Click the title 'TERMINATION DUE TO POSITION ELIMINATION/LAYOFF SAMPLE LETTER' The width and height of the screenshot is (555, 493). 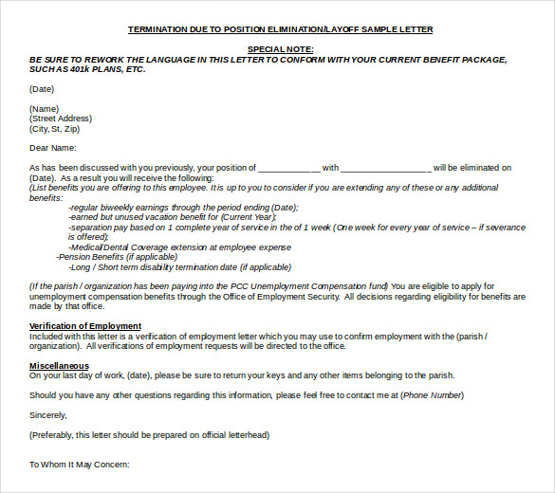[280, 29]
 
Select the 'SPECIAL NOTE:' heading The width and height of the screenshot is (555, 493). [280, 48]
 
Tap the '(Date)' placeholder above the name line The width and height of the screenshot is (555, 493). [42, 89]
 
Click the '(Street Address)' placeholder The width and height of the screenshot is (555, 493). [61, 119]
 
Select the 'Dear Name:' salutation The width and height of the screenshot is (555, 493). [52, 148]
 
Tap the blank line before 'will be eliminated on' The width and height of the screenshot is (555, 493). [386, 169]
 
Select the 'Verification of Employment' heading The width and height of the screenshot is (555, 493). [85, 326]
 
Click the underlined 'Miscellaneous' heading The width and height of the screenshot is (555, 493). [59, 365]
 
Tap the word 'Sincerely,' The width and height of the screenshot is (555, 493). [48, 414]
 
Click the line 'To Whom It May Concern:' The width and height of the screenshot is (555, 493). [79, 465]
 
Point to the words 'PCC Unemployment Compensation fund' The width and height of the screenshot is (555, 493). [312, 286]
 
